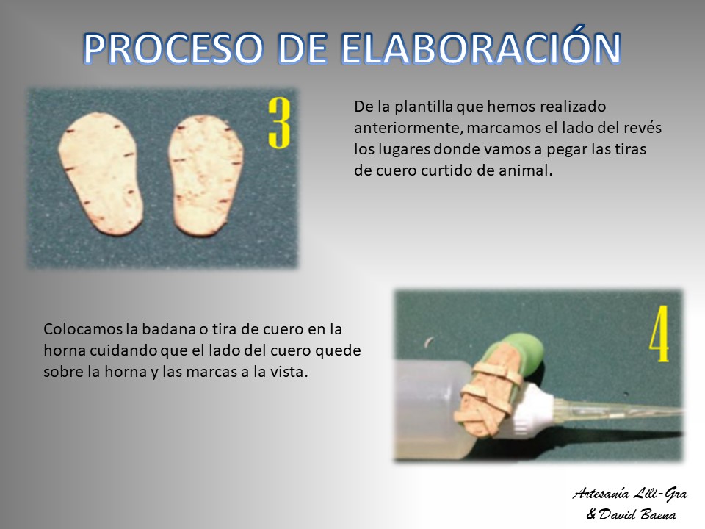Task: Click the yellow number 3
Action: coord(279,123)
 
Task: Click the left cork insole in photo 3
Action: coord(101,173)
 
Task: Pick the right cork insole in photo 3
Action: coord(206,176)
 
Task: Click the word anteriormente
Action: coord(408,128)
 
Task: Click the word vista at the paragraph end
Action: coord(287,372)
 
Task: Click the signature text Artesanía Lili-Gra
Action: coord(629,494)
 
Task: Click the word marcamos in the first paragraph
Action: coord(504,128)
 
